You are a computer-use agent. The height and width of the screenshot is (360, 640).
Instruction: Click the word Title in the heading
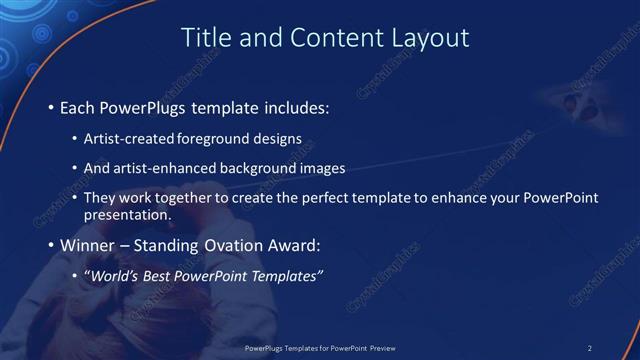coord(204,38)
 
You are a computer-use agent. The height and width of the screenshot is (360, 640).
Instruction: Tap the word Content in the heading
coord(332,38)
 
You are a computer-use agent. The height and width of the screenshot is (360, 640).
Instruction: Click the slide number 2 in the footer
coord(590,348)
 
